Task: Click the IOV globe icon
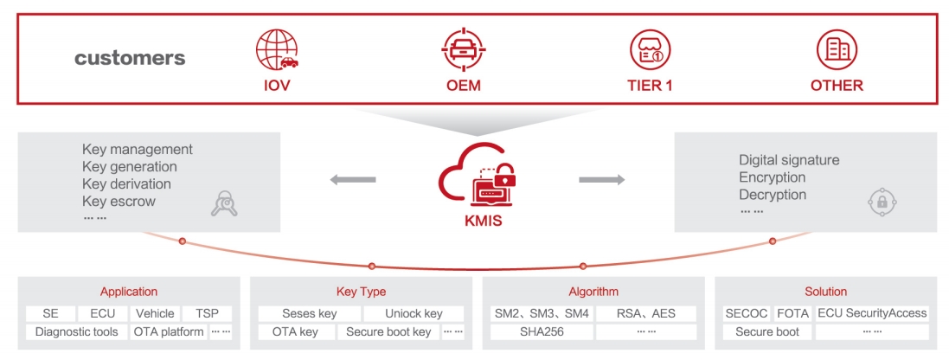tap(277, 49)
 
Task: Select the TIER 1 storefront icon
tap(650, 49)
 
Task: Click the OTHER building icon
tap(837, 49)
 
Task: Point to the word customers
tap(130, 59)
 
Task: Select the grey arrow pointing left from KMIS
tap(354, 180)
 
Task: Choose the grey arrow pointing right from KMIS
tap(601, 180)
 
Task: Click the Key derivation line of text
tap(126, 183)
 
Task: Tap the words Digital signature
tap(789, 160)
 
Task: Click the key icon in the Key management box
tap(224, 202)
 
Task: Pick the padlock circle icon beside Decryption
tap(882, 202)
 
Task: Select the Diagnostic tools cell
tap(76, 331)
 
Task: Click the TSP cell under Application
tap(207, 313)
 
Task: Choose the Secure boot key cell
tap(388, 331)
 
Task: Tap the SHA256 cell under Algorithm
tap(542, 331)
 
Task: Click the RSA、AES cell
tap(647, 313)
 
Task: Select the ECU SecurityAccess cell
tap(871, 313)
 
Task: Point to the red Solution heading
tap(824, 292)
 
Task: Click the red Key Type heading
tap(361, 292)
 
